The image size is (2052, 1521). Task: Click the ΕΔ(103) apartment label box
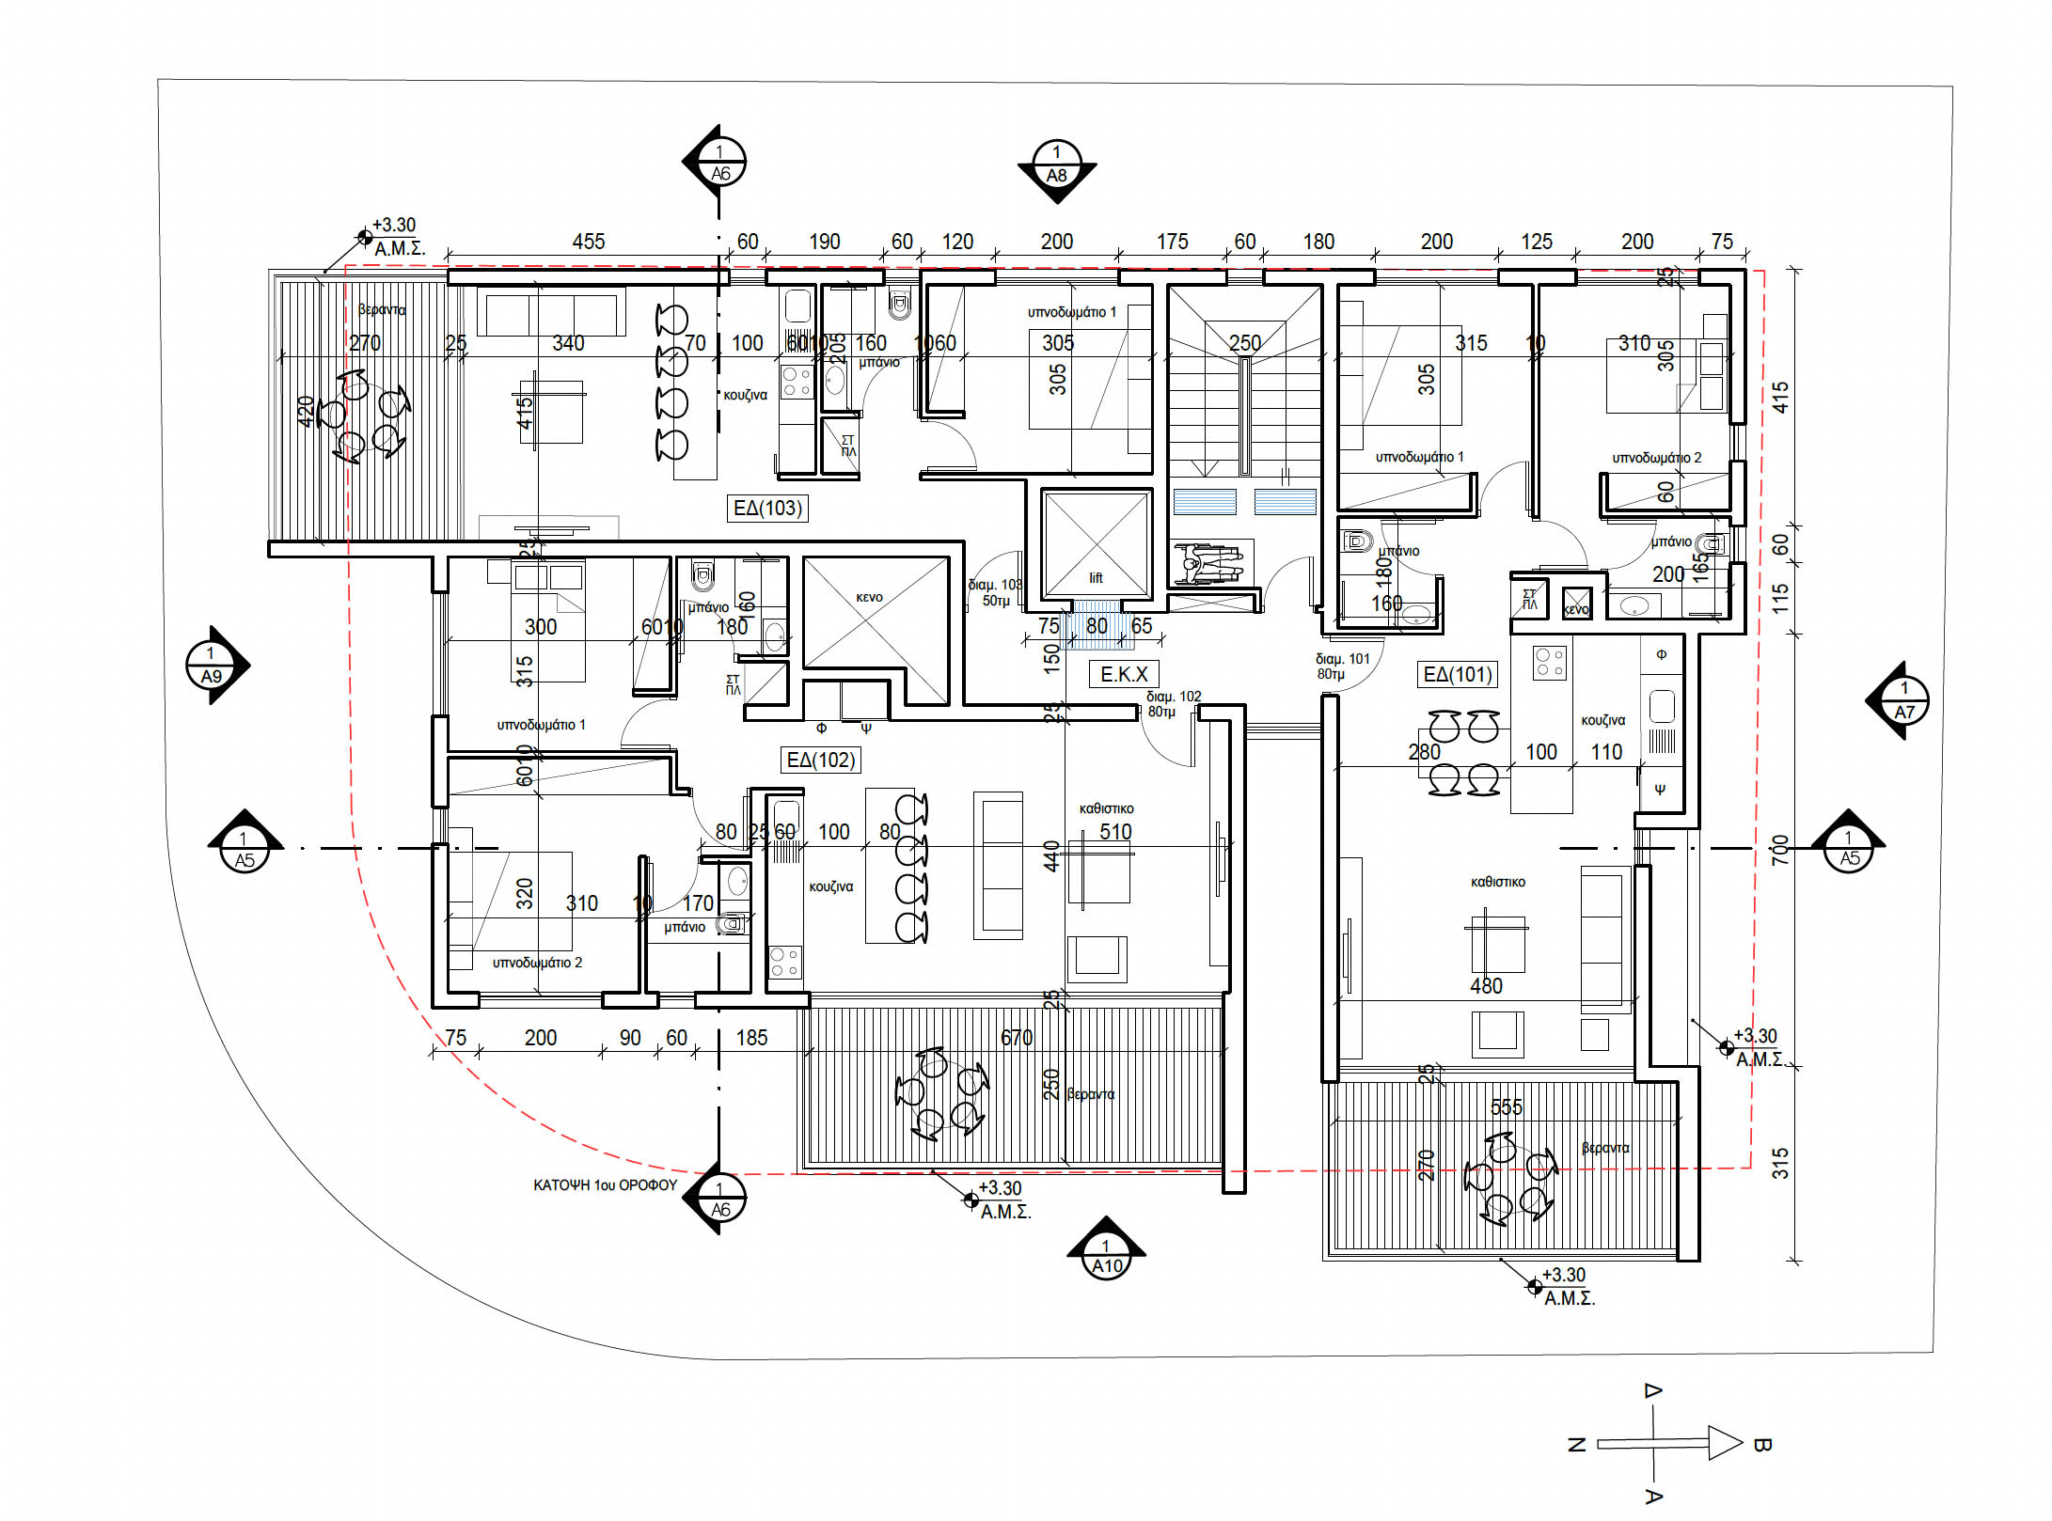pos(767,509)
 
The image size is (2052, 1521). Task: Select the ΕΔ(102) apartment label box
pos(821,760)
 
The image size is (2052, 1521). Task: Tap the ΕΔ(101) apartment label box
pos(1458,674)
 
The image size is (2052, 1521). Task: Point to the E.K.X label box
pos(1124,674)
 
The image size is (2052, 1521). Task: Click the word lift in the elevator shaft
pos(1096,578)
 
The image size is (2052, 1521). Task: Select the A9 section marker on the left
pos(213,666)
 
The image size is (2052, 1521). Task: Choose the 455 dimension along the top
pos(589,242)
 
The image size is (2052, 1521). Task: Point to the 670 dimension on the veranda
pos(1017,1038)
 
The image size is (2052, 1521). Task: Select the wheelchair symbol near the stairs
pos(1211,563)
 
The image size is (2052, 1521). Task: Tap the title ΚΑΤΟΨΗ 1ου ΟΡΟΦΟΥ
pos(605,1185)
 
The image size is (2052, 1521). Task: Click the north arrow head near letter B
pos(1725,1443)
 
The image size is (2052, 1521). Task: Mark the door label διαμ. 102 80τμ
pos(1173,704)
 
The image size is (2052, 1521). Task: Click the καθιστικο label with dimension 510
pos(1106,808)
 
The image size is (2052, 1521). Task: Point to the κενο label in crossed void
pos(869,597)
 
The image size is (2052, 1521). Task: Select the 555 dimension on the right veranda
pos(1506,1107)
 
